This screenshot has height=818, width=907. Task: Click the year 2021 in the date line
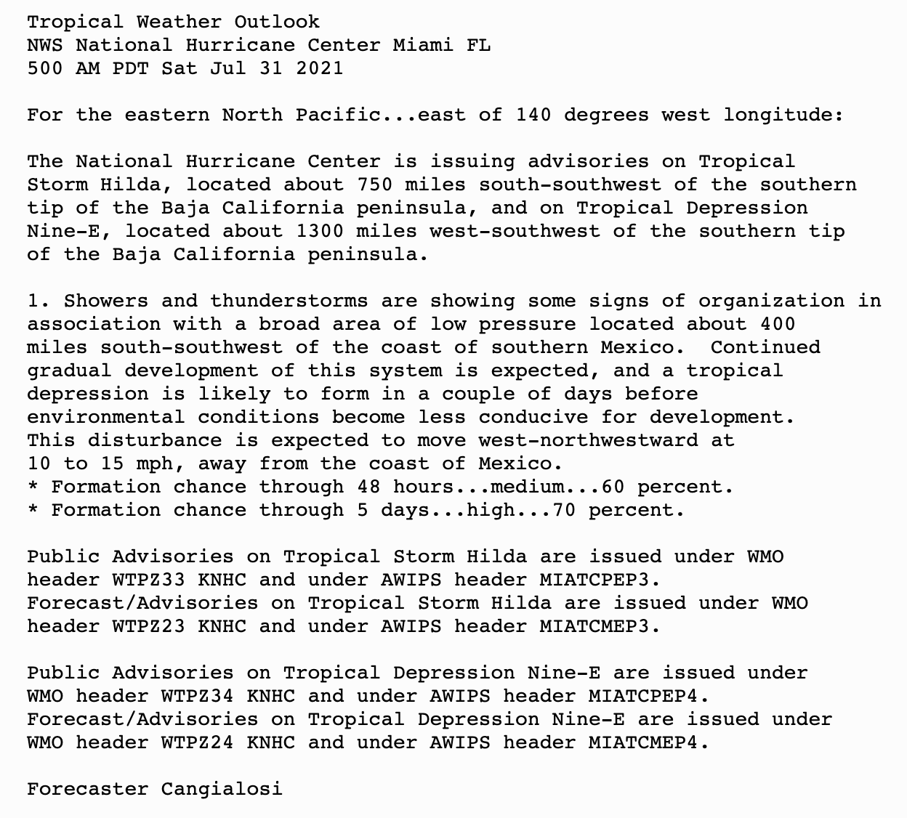coord(319,68)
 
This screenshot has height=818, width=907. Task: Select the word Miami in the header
coord(423,45)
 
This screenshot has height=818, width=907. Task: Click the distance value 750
coord(374,185)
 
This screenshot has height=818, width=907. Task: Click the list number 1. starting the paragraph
coord(39,301)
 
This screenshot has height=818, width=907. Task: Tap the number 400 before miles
coord(777,324)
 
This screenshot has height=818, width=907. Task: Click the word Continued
coord(765,347)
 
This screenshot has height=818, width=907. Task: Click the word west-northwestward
coord(588,440)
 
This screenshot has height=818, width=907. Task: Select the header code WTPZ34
coord(198,696)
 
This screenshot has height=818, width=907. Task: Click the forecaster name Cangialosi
coord(222,789)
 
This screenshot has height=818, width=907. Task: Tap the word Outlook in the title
coord(277,22)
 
